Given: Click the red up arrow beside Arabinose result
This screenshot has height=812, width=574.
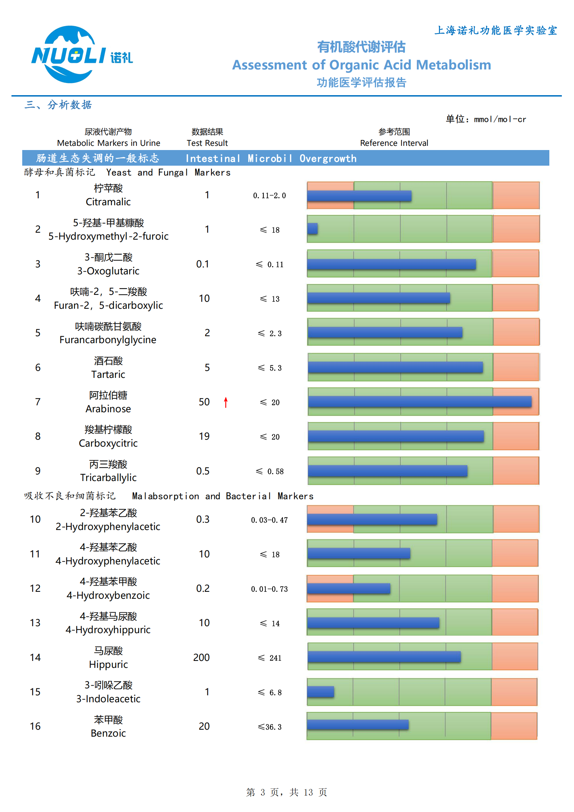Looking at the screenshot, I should point(226,402).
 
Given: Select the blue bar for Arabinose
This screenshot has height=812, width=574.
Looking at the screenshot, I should point(419,401).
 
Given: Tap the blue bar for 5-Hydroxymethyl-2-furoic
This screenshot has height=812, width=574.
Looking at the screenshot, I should point(312,229).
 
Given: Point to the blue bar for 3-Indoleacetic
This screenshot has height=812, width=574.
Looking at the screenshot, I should point(321,692).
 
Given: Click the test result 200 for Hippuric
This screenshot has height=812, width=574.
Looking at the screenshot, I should point(201,657).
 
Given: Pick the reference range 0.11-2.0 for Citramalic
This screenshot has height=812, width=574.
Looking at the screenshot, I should point(269,196).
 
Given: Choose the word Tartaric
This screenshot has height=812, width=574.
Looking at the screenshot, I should point(108,374).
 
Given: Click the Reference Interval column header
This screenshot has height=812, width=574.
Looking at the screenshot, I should point(394,143).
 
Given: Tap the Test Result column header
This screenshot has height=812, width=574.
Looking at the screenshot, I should point(207,143).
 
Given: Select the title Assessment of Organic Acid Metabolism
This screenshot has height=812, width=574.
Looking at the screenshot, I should point(361,65).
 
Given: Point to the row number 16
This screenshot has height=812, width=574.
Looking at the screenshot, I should point(35,726).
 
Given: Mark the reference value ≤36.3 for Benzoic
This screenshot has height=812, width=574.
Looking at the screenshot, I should point(269,727).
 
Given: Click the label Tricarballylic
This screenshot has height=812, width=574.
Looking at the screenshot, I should point(108,478).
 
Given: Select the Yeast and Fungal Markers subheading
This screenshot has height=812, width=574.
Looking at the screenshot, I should point(168,173).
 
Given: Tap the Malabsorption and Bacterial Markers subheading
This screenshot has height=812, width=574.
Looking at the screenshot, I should point(223,496).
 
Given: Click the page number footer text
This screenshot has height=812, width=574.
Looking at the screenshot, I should point(286,792).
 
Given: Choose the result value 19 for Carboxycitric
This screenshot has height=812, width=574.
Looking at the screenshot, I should point(204,437).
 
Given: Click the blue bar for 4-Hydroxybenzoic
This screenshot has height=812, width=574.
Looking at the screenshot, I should point(348,588).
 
